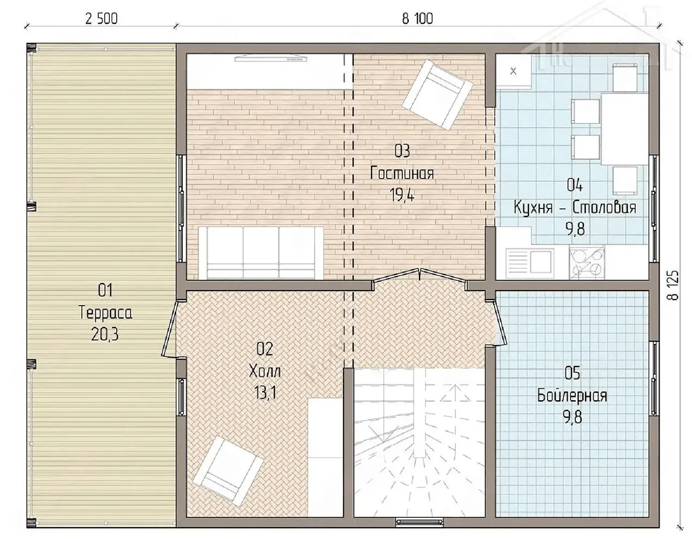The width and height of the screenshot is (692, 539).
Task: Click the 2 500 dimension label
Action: [101, 19]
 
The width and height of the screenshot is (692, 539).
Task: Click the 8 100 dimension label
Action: [417, 19]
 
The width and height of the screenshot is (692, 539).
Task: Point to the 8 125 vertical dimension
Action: [673, 285]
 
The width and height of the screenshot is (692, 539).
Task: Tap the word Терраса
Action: [105, 313]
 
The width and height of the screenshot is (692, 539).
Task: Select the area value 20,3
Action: [105, 334]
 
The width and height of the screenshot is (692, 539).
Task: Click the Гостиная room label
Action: [402, 173]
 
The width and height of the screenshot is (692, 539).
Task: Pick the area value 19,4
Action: [402, 194]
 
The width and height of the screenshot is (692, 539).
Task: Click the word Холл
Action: [264, 371]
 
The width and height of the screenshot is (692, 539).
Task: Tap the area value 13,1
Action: [264, 393]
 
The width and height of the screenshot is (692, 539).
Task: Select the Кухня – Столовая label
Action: [575, 207]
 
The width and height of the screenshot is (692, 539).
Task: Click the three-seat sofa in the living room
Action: [261, 253]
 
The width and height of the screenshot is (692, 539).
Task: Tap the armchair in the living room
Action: [437, 95]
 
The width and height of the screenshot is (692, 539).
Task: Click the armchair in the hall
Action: [229, 475]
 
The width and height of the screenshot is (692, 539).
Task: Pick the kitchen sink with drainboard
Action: [529, 261]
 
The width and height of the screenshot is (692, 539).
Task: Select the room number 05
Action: [573, 373]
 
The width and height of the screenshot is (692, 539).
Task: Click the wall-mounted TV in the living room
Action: [271, 58]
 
